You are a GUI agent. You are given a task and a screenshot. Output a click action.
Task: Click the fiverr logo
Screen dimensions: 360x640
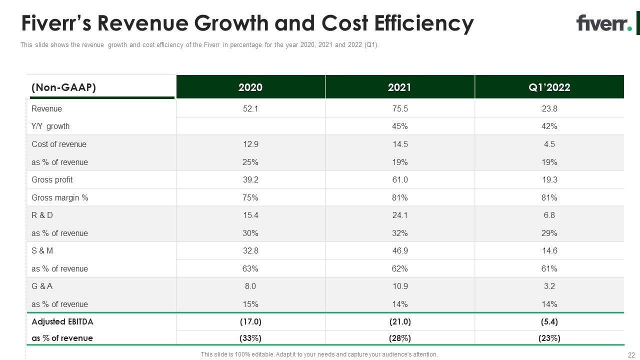coord(603,23)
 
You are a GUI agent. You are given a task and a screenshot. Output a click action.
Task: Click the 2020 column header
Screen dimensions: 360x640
coord(250,87)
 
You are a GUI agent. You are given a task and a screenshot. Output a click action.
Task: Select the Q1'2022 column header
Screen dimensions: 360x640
coord(549,87)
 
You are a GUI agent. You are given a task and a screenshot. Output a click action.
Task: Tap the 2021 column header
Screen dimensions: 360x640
coord(399,87)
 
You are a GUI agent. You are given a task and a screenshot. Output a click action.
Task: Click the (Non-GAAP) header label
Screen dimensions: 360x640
coord(63,87)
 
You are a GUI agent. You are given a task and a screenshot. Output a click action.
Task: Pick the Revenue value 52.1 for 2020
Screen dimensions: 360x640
coord(250,108)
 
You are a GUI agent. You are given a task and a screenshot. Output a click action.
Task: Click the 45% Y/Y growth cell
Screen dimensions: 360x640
coord(399,126)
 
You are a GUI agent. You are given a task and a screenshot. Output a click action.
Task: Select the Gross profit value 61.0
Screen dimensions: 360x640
coord(399,179)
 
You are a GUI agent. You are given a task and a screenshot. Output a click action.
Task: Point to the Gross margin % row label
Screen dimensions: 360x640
coord(60,197)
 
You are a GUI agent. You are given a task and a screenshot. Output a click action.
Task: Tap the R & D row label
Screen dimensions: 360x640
coord(42,215)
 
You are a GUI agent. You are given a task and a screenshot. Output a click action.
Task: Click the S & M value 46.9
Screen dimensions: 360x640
coord(399,250)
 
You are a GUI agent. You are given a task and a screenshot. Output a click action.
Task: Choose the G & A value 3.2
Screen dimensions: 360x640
coord(549,286)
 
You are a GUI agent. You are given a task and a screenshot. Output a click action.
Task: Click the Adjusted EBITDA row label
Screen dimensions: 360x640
coord(62,321)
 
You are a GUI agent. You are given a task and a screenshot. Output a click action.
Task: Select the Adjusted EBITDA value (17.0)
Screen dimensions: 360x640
coord(250,321)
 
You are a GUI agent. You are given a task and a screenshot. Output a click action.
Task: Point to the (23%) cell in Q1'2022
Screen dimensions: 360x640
coord(549,338)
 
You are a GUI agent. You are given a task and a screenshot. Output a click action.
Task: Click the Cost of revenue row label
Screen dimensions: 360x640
coord(59,144)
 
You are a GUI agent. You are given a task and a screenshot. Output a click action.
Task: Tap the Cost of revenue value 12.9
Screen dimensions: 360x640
coord(250,144)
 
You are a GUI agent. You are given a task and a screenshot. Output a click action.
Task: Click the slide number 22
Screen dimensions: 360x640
coord(630,354)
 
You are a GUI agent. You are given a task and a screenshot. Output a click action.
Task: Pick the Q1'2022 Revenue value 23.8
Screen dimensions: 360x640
coord(549,108)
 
